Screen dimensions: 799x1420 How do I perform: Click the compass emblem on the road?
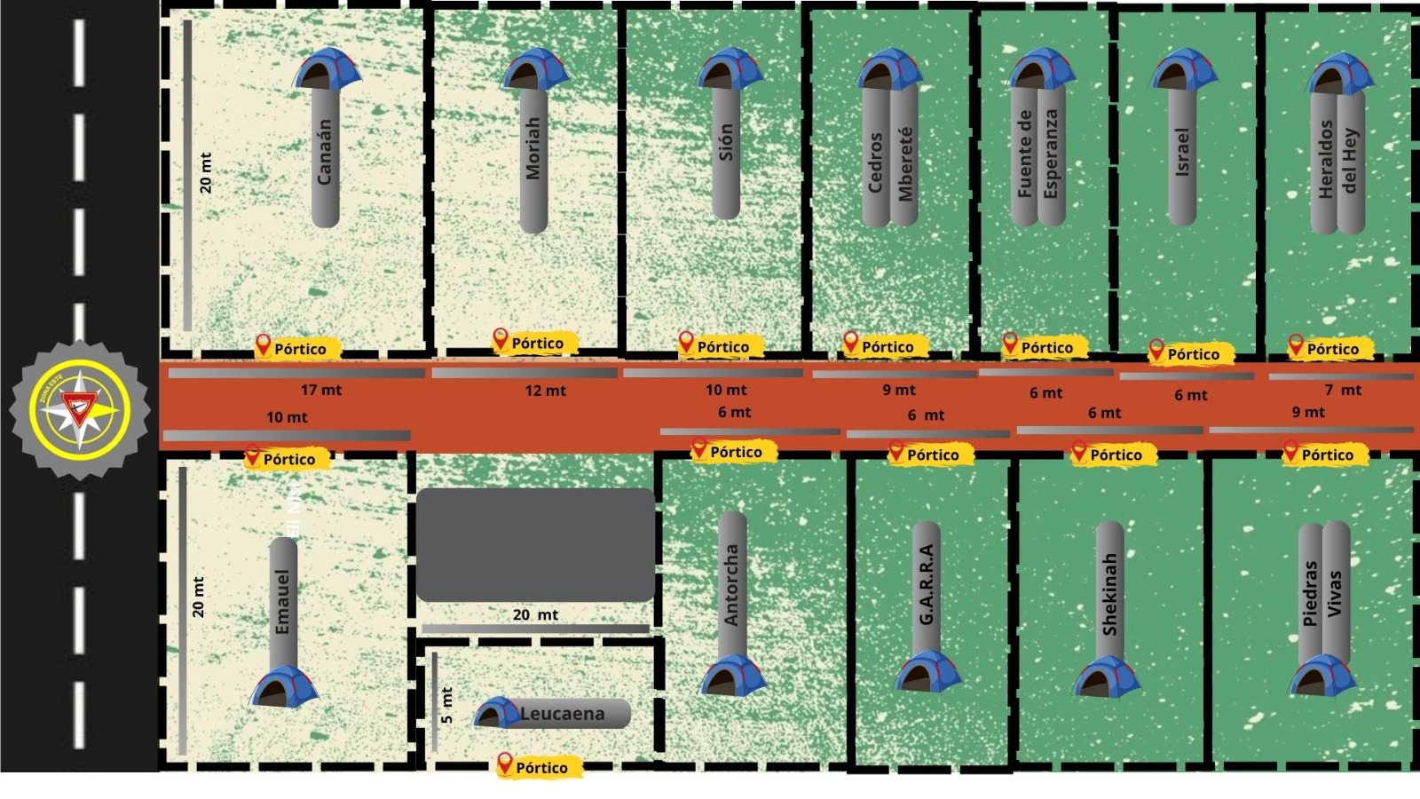point(80,410)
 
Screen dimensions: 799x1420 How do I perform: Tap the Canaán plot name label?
point(325,153)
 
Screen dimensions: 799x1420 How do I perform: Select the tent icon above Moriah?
point(535,69)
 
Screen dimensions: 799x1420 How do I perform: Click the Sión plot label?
point(726,142)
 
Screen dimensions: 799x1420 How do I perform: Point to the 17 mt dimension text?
point(321,390)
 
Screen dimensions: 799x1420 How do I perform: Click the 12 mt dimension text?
point(545,391)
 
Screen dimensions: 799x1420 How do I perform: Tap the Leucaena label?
point(562,714)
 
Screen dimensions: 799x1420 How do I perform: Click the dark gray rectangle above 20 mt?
point(535,544)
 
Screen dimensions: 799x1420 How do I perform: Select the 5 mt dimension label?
point(446,705)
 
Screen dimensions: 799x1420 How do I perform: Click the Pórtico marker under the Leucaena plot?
point(538,767)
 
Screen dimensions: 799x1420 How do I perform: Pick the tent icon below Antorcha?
point(732,676)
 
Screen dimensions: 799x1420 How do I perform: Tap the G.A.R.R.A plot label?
point(927,584)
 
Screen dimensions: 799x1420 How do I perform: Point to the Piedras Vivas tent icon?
point(1322,676)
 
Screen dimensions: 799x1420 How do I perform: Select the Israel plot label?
point(1182,152)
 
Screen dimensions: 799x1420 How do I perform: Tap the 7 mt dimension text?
point(1343,390)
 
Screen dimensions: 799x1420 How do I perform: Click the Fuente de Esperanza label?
point(1037,154)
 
